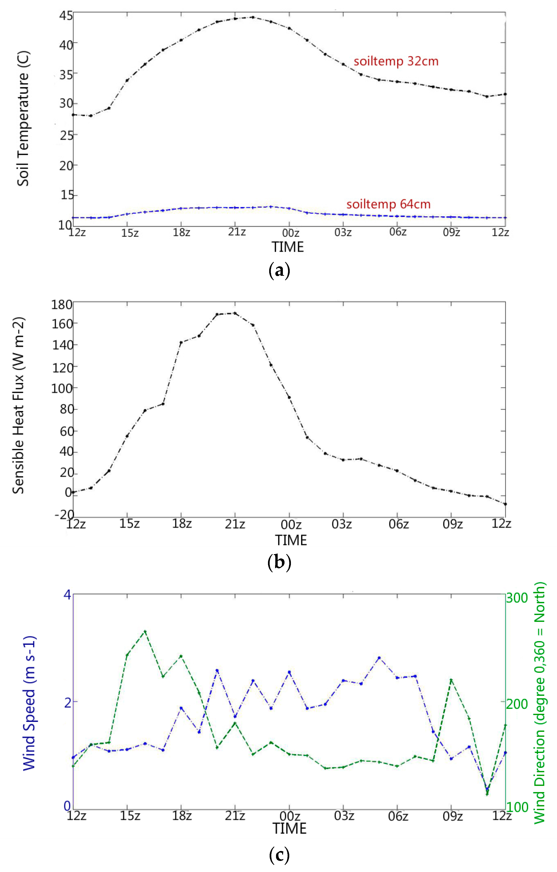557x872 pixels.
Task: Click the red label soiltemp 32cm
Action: pos(396,61)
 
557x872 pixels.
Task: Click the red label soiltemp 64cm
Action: pos(389,204)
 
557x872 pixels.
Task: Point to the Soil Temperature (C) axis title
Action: pos(23,119)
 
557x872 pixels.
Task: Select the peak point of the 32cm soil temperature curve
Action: pos(253,17)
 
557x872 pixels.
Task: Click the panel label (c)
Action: pos(279,855)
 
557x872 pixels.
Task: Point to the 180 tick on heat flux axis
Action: pos(62,305)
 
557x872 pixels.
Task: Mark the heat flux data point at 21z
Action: pos(235,313)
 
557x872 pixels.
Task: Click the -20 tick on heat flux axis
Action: pos(64,514)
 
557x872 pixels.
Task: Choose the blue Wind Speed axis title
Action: pos(29,702)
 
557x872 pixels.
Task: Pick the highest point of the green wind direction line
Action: pos(145,631)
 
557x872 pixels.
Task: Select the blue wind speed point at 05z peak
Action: pos(379,658)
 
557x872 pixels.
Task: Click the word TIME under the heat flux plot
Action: pos(291,540)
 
